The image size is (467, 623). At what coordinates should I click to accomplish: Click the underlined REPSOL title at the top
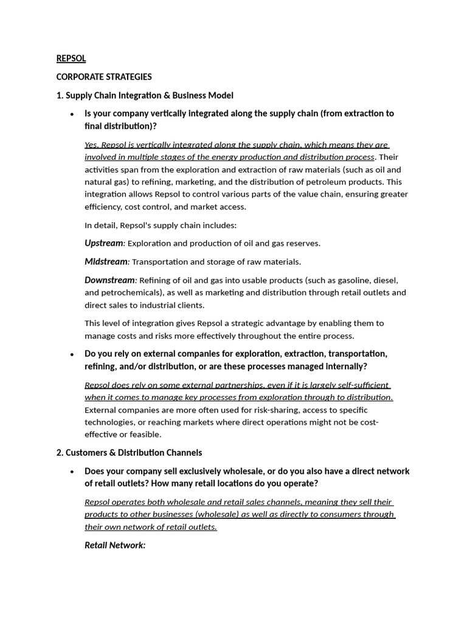71,58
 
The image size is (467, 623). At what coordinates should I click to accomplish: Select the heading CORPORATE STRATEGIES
104,77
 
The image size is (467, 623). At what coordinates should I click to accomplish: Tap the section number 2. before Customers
60,453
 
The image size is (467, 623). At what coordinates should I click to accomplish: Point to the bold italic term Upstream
103,243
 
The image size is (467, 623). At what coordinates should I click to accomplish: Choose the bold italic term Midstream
106,262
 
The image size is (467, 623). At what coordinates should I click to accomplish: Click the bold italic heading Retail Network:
115,545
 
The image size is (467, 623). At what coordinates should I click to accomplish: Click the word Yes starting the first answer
92,145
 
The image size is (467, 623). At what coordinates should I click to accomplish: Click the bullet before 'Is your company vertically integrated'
72,114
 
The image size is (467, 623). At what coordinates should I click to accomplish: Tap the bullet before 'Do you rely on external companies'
72,355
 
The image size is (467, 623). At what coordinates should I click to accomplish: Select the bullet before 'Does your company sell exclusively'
72,472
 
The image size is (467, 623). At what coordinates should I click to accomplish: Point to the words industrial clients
170,305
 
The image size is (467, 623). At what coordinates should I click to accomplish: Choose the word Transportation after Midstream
160,262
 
